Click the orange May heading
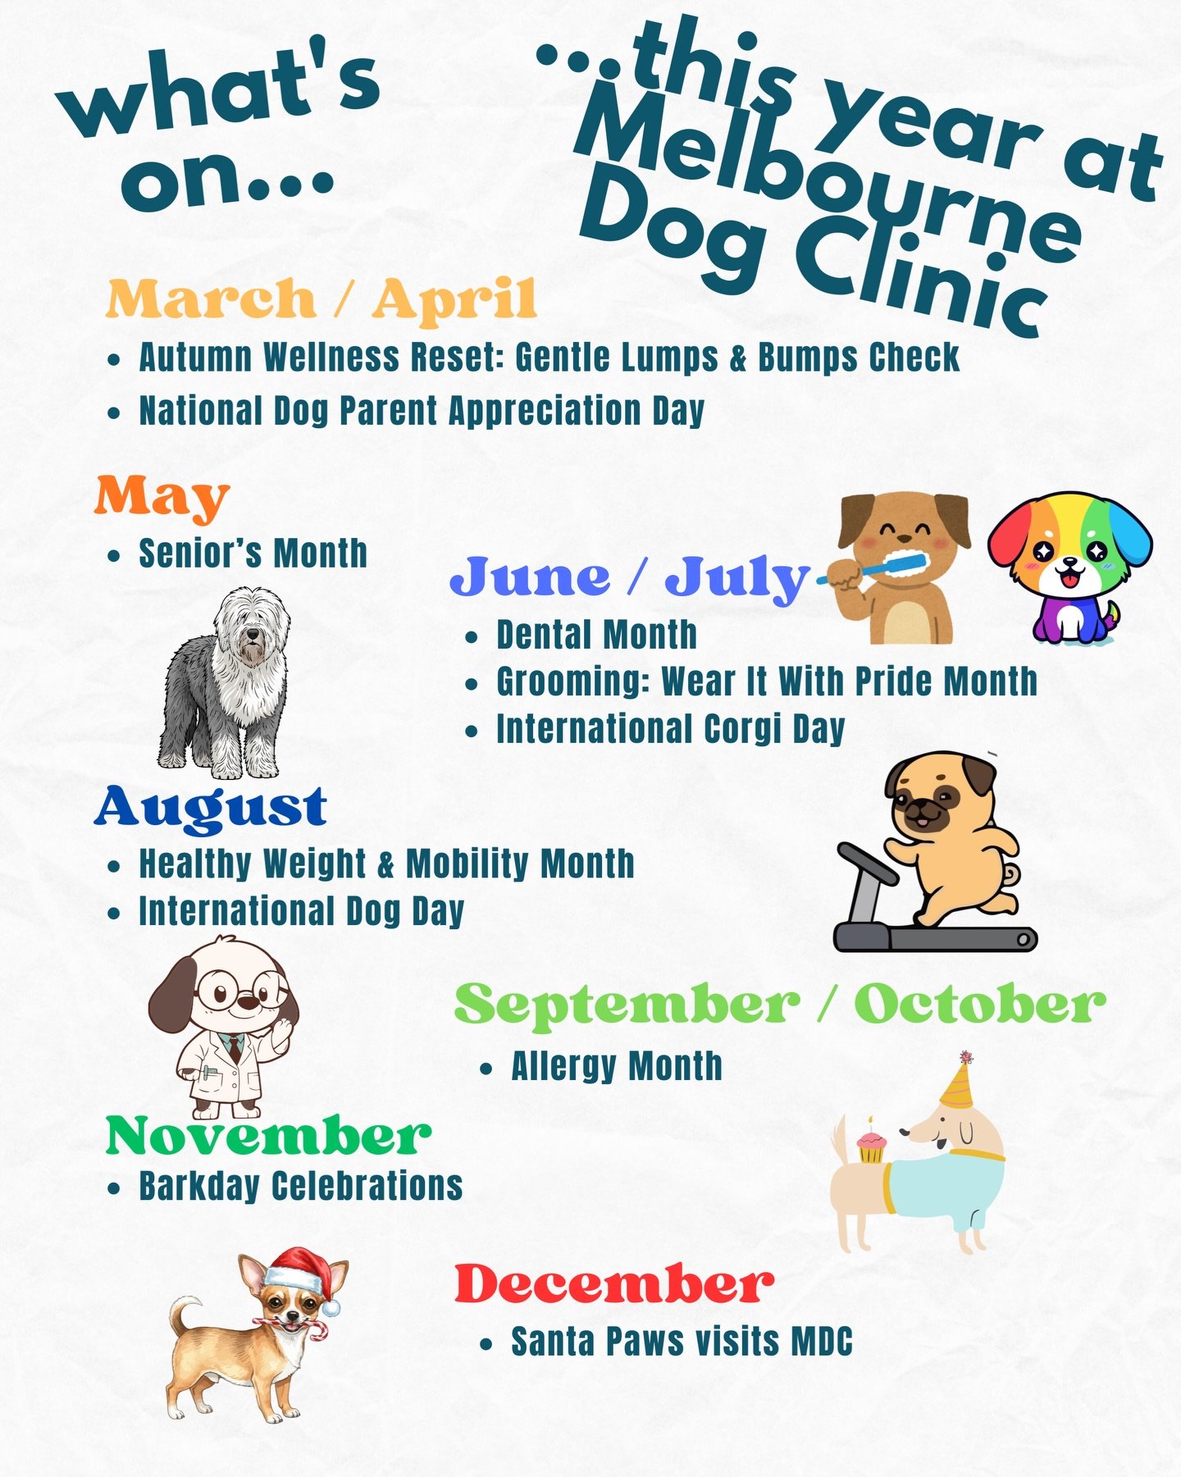pos(162,497)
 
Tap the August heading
pos(211,807)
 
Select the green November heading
pos(268,1136)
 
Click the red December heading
pos(613,1284)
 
